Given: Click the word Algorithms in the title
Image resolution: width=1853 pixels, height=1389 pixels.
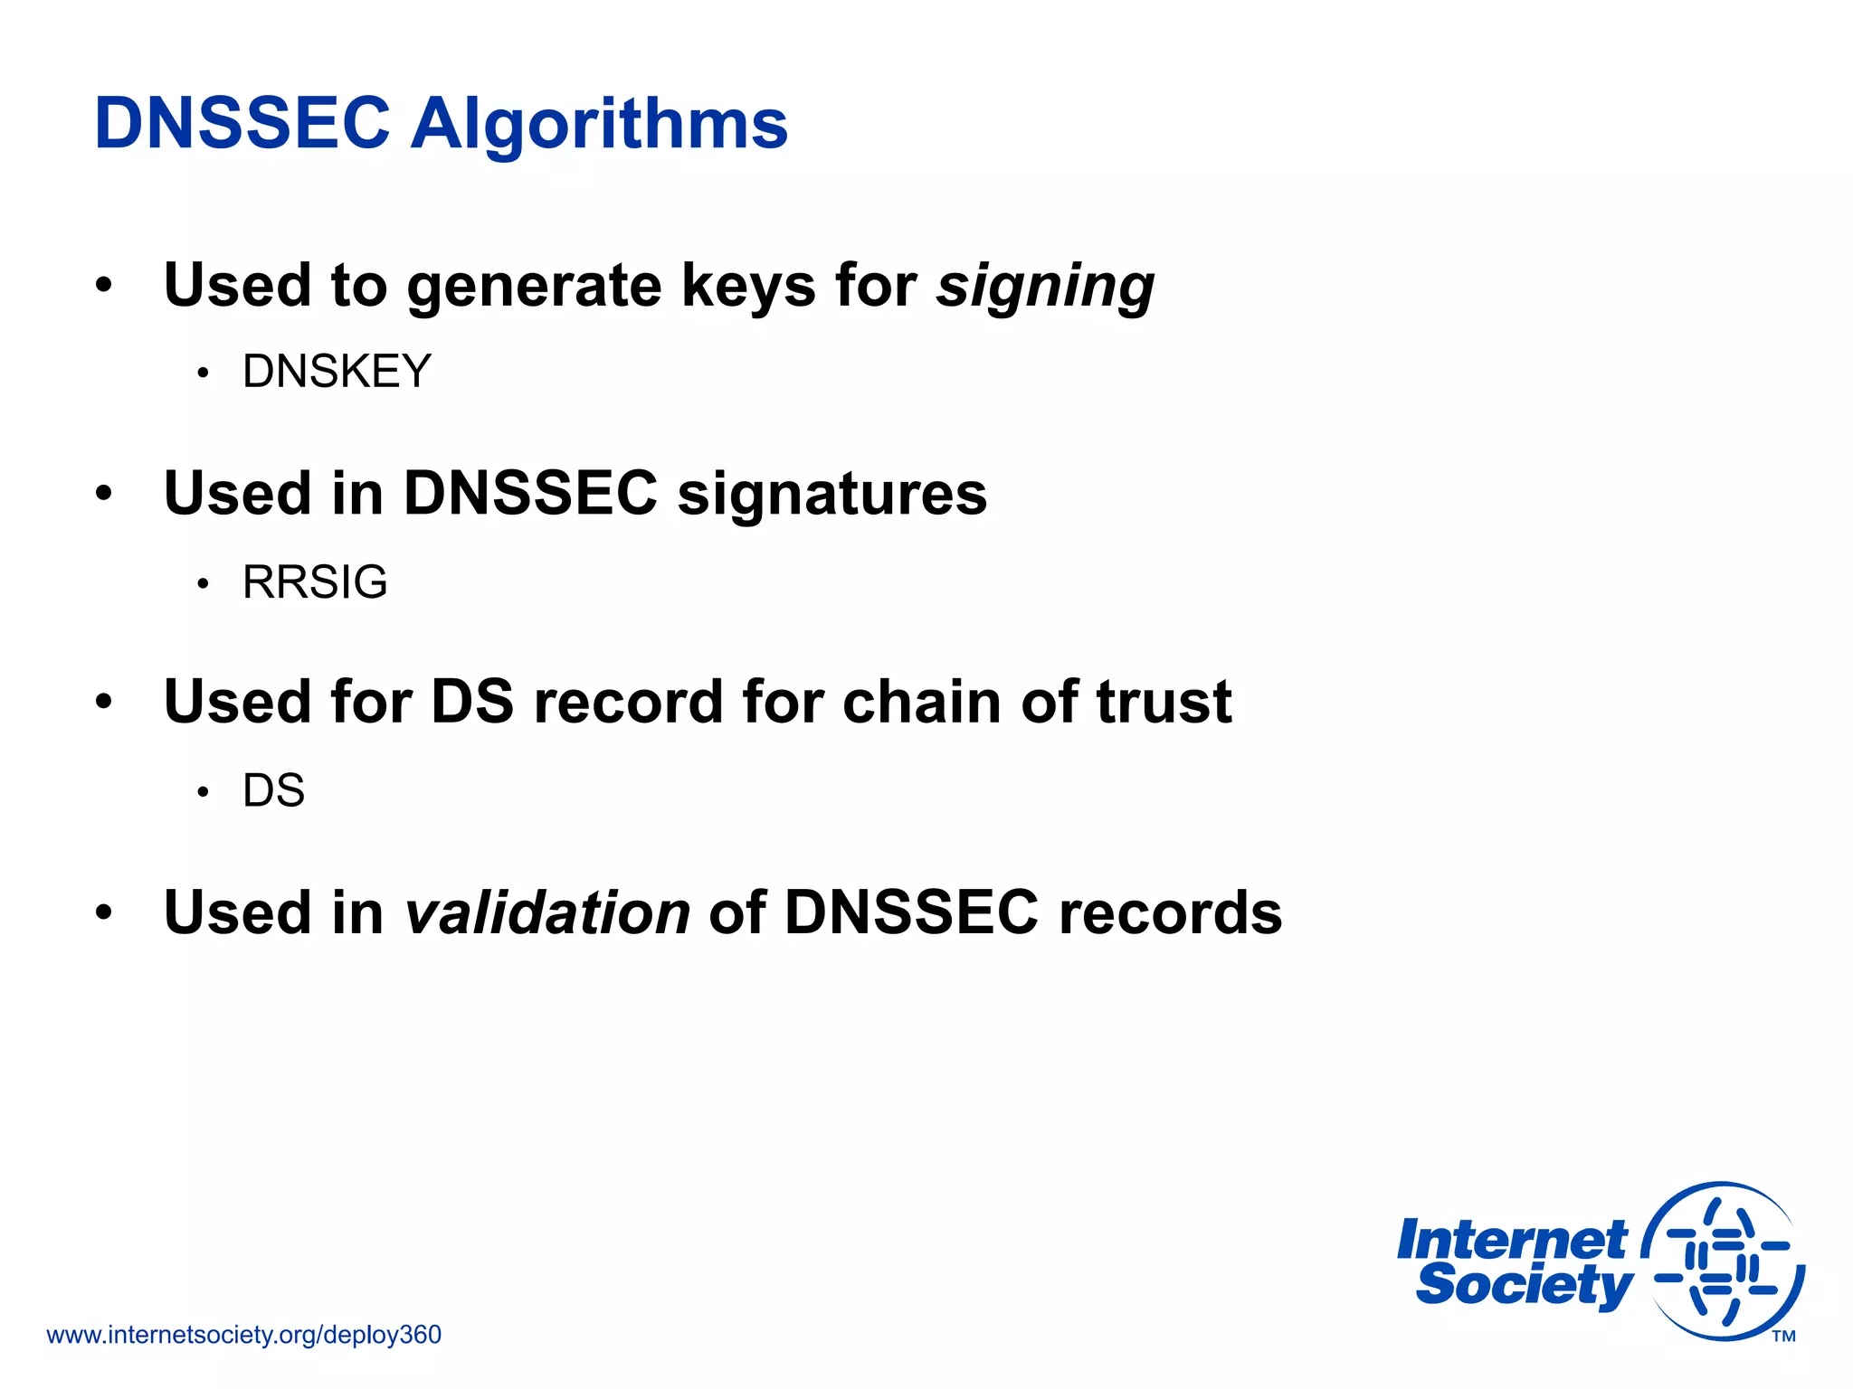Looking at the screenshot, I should click(599, 124).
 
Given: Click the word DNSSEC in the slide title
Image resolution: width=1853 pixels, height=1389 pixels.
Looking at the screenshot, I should click(242, 124).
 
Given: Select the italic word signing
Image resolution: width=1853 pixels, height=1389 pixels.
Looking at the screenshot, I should click(1045, 287).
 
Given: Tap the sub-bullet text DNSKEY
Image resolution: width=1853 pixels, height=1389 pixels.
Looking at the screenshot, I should click(337, 372).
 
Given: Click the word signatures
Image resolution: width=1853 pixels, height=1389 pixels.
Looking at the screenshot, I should click(832, 494).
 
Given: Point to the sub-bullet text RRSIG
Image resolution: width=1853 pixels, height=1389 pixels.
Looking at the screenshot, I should click(315, 581).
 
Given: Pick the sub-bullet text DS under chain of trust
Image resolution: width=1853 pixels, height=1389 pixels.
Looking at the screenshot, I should click(273, 790).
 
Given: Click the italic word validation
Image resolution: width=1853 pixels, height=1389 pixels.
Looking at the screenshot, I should click(547, 912).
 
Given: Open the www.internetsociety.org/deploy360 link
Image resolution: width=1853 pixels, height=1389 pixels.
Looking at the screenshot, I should click(243, 1335).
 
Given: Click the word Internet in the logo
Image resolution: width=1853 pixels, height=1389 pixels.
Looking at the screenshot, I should click(1512, 1240).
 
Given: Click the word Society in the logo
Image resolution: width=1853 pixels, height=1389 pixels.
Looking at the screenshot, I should click(1524, 1285).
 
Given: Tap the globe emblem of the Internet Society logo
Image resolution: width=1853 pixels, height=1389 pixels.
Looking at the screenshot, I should click(1724, 1261).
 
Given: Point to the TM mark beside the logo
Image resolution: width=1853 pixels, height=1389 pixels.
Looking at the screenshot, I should click(1783, 1337).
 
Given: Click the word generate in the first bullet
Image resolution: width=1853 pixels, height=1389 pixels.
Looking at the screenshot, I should click(534, 287).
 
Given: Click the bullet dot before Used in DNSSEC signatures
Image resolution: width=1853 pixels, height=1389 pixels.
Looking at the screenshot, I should click(104, 494).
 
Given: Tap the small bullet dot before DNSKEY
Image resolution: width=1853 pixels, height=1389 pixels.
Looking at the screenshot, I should click(204, 373).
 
